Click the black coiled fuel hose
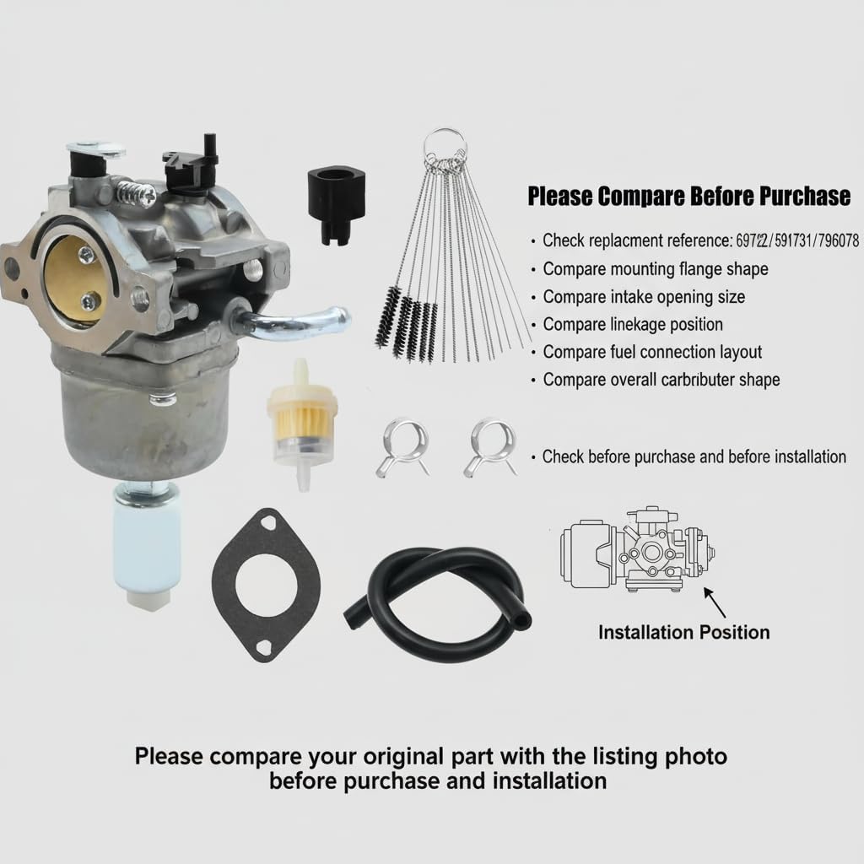439,591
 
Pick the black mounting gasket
267,582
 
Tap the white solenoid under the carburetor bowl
147,544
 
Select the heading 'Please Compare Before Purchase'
688,197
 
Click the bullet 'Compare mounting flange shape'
655,269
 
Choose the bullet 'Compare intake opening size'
643,297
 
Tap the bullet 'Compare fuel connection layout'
651,352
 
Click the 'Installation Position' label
683,632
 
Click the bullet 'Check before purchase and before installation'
694,456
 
